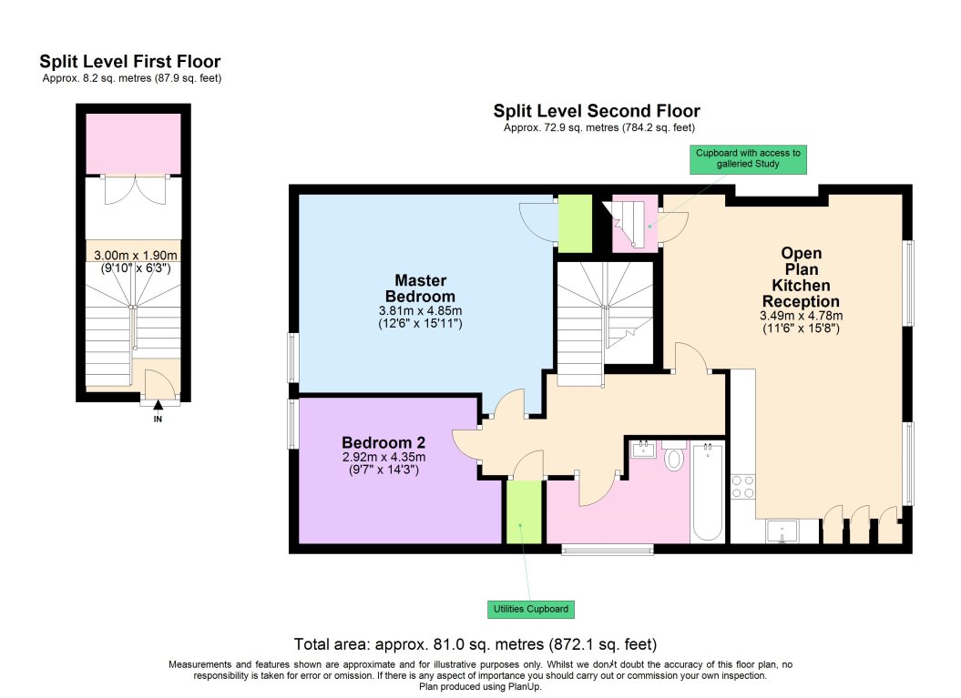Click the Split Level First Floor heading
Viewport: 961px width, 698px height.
(x=129, y=62)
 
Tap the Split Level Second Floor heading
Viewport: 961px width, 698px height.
(x=597, y=111)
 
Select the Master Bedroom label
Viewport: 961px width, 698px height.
(x=419, y=288)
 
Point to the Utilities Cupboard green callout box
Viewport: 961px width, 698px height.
(x=530, y=609)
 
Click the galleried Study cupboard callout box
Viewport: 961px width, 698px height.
(x=748, y=158)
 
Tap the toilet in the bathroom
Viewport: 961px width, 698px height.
(x=674, y=458)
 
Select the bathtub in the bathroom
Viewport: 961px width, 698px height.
(x=707, y=491)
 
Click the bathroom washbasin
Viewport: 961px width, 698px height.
(x=644, y=448)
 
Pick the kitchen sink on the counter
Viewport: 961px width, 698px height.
(x=782, y=531)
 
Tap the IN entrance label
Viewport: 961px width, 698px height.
(x=158, y=420)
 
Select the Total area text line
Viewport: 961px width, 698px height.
(x=475, y=642)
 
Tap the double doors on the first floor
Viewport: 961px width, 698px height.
(x=133, y=189)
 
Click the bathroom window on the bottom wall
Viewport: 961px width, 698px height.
(x=607, y=548)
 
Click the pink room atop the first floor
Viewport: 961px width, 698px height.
(x=133, y=143)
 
